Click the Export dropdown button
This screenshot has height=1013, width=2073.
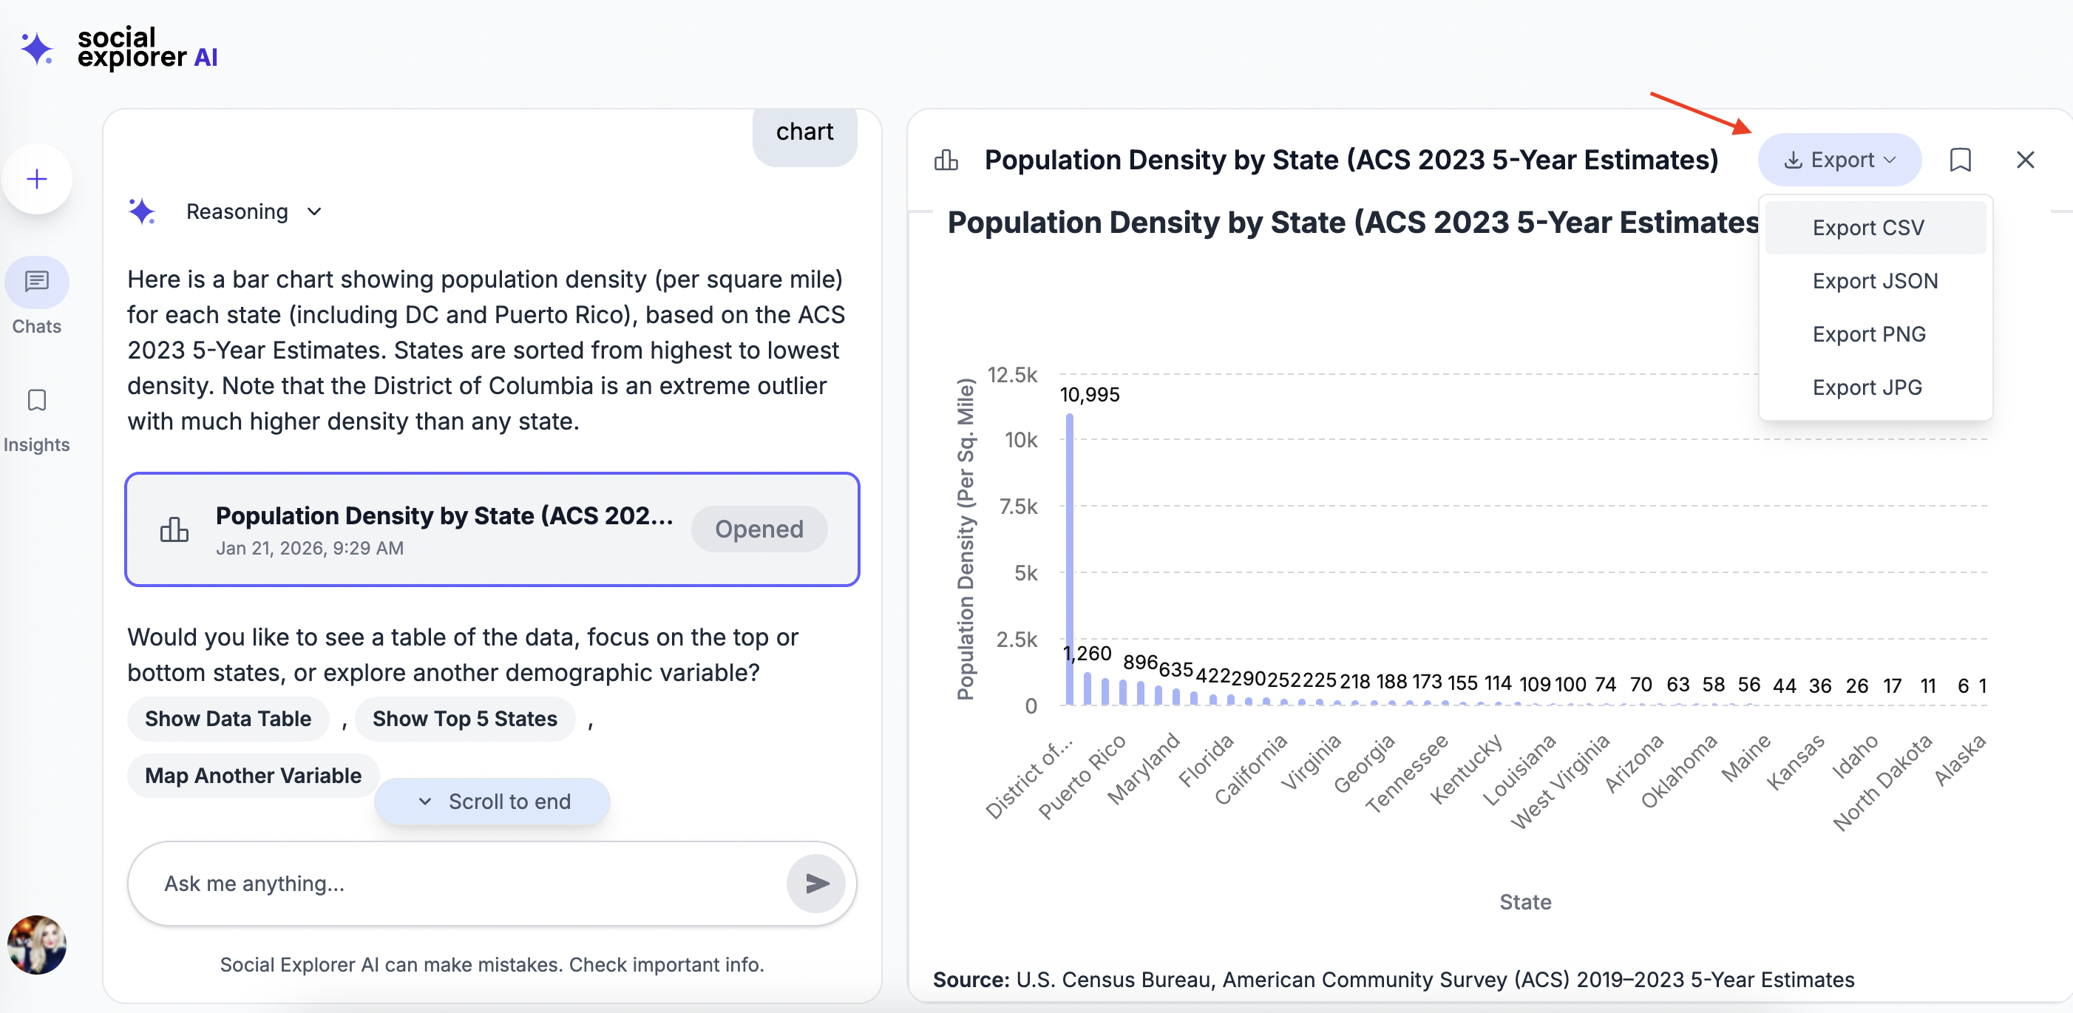coord(1839,160)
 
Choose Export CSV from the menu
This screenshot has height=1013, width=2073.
coord(1867,228)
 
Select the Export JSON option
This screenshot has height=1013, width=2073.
coord(1874,281)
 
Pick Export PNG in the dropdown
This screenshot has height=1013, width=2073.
coord(1869,334)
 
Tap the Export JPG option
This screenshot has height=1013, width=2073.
coord(1866,387)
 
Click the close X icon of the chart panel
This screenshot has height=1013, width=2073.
coord(2025,160)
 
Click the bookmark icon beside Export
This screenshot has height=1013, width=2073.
coord(1961,160)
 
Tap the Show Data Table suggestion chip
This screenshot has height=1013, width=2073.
coord(228,719)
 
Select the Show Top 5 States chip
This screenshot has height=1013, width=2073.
coord(464,719)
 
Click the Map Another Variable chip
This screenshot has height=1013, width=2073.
coord(253,776)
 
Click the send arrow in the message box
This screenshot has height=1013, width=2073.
coord(816,884)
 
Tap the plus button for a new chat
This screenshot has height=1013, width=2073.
coord(37,179)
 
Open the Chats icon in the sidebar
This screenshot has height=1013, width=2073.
coord(37,282)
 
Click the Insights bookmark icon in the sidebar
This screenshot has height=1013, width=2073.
coord(37,401)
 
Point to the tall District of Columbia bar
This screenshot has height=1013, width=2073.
coord(1070,563)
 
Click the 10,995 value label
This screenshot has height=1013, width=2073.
coord(1090,394)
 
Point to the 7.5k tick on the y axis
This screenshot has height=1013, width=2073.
coord(1018,506)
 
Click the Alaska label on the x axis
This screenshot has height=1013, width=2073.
coord(1960,760)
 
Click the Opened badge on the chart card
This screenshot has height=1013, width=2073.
coord(759,529)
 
